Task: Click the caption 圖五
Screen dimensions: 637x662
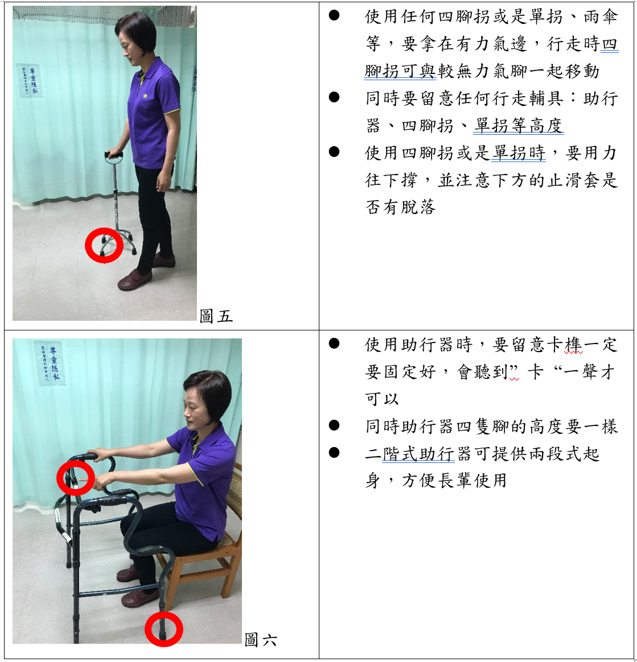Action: coord(216,316)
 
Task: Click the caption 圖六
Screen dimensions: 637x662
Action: coord(261,640)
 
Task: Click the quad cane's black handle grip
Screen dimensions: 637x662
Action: coord(114,155)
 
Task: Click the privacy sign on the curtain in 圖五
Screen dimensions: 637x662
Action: coord(30,80)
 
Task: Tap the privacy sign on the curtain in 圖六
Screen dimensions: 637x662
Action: coord(50,363)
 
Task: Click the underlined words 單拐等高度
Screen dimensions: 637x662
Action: coord(518,125)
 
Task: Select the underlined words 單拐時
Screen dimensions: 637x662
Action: coord(519,153)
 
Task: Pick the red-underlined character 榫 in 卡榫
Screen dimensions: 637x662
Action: coord(573,345)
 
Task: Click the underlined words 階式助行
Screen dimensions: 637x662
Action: coord(418,454)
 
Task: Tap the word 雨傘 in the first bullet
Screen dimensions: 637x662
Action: coord(601,17)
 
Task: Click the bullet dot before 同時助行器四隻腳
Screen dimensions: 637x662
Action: coord(334,425)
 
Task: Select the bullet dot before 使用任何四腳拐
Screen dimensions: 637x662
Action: coord(334,15)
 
